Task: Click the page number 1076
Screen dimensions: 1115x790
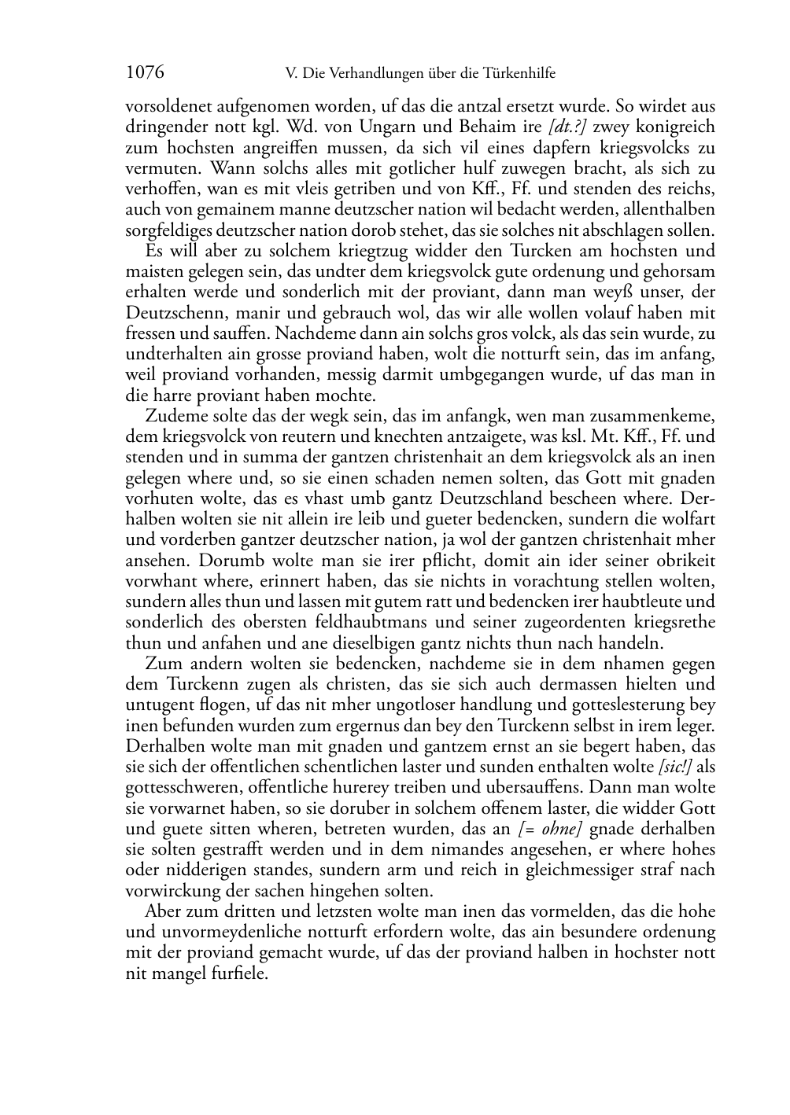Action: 145,73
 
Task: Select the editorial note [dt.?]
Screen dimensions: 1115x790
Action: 567,127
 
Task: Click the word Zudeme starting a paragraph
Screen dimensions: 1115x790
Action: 175,416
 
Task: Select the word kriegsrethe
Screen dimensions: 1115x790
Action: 675,622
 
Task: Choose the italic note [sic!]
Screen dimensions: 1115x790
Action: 676,767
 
